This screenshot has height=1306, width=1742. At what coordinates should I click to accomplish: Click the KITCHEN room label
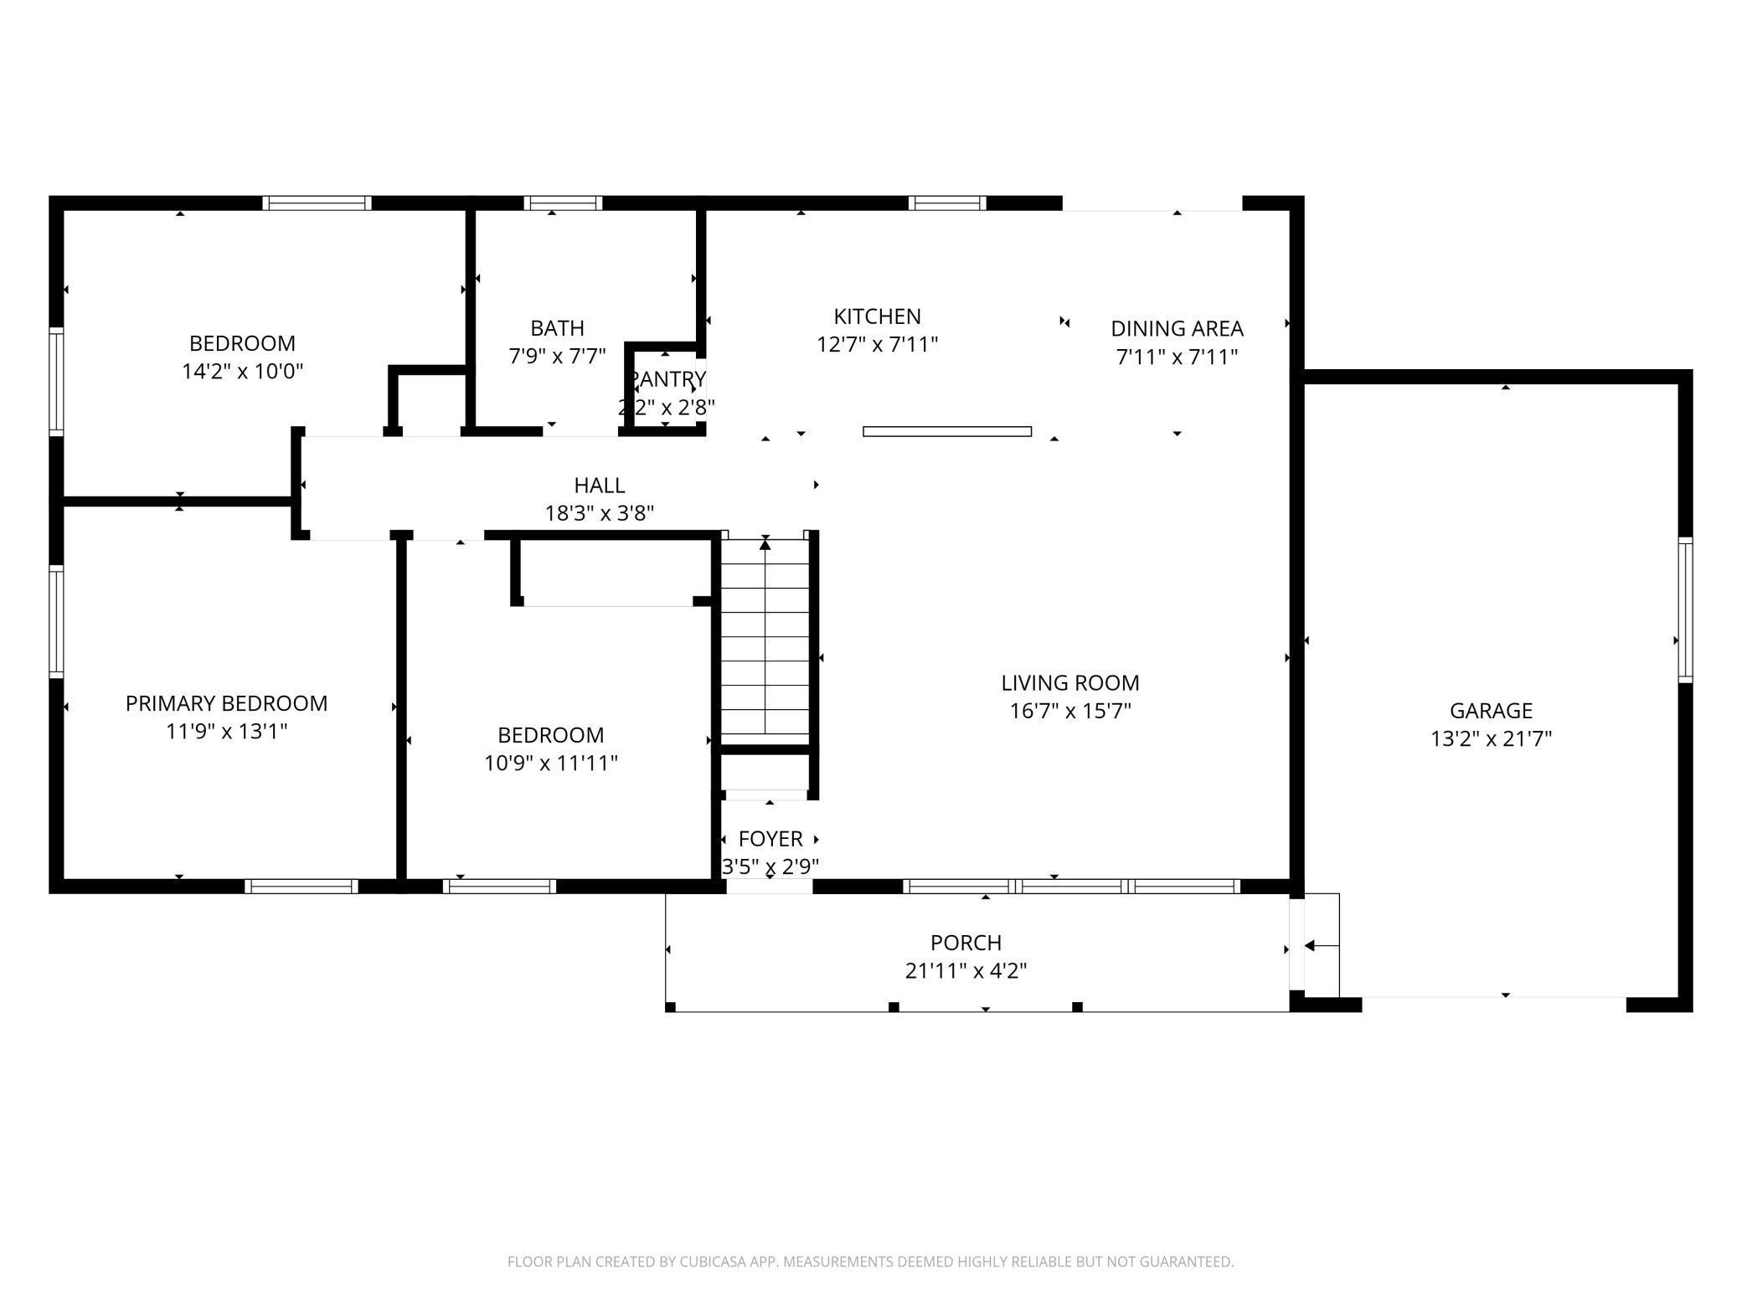pos(877,316)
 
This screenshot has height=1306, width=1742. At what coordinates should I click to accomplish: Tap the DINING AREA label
pos(1177,328)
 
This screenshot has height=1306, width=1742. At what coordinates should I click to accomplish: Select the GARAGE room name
pos(1491,711)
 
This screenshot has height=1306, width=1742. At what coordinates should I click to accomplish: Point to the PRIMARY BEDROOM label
pos(226,703)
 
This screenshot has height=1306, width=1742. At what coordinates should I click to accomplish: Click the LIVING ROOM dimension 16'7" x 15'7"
pos(1070,711)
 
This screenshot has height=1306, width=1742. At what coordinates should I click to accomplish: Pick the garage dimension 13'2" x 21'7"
pos(1491,738)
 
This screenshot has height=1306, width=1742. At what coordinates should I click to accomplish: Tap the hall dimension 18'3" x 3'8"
pos(600,512)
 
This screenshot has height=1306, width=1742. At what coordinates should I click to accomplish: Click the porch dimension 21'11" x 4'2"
pos(966,970)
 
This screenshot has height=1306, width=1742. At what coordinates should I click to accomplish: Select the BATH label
pos(557,328)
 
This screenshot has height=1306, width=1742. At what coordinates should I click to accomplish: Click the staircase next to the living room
pos(765,640)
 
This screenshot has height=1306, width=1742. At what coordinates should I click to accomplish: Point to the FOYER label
pos(770,839)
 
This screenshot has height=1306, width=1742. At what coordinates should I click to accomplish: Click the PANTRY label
pos(667,379)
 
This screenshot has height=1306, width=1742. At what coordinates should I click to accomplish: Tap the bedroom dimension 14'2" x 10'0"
pos(242,371)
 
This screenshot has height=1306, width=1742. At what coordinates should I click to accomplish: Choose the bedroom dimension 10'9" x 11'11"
pos(551,763)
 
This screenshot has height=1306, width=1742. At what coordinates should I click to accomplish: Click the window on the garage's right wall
pos(1685,609)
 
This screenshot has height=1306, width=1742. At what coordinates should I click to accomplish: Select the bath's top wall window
pos(563,203)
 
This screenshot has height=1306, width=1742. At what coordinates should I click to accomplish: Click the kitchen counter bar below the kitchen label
pos(947,432)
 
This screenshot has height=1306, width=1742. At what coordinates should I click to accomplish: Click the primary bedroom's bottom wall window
pos(301,887)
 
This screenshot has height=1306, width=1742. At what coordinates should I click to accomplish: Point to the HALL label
pos(600,485)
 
